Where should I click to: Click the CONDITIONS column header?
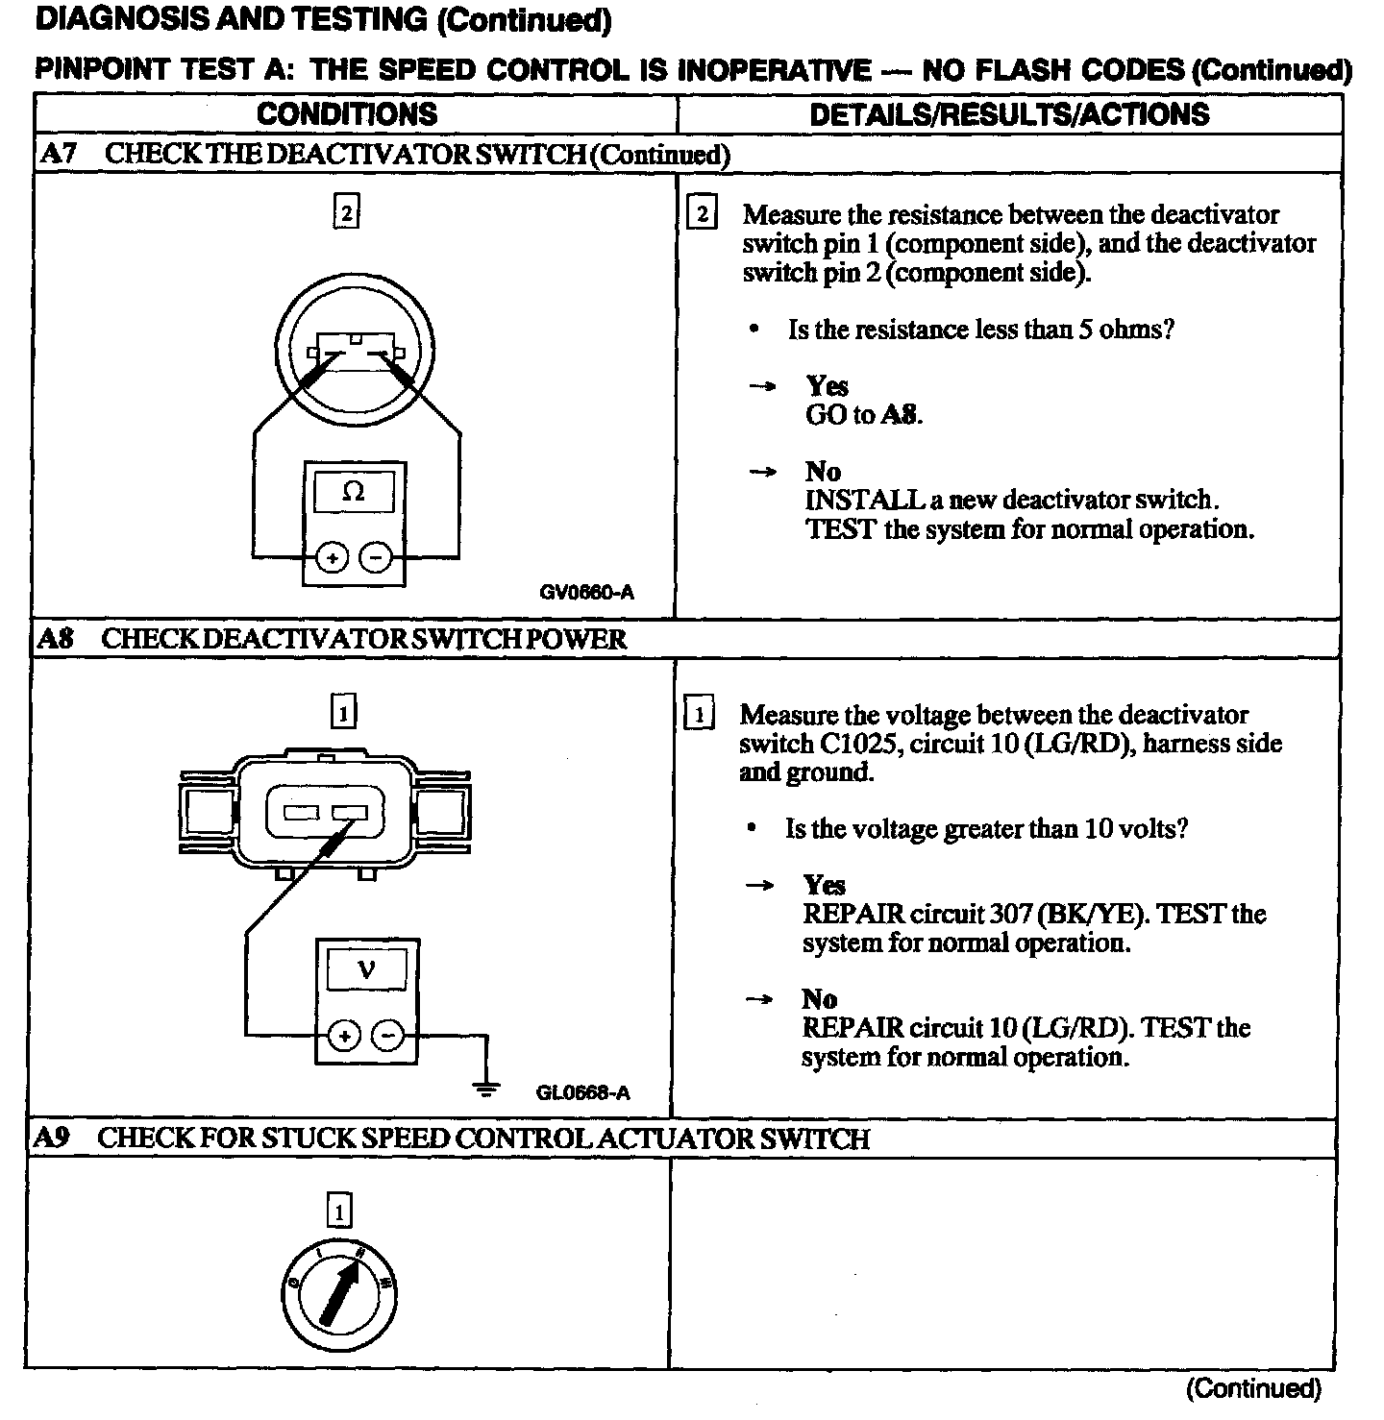pos(347,114)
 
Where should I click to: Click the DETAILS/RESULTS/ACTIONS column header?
pos(1009,114)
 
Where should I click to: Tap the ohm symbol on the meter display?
pos(354,492)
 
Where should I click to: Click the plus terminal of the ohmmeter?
pos(332,557)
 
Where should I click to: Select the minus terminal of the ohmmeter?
pos(376,557)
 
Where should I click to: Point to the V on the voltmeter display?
pos(366,969)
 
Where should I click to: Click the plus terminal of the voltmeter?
pos(344,1036)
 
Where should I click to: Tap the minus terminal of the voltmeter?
pos(388,1036)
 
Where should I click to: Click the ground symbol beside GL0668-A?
pos(487,1089)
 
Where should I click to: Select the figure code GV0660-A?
pos(586,593)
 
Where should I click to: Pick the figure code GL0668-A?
pos(582,1092)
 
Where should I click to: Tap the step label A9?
pos(52,1138)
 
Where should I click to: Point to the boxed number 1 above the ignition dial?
pos(339,1212)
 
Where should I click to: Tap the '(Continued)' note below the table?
pos(1253,1388)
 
